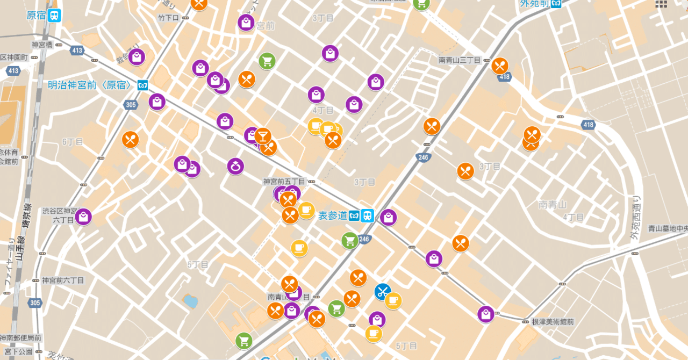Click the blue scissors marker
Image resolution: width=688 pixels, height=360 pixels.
pyautogui.click(x=383, y=292)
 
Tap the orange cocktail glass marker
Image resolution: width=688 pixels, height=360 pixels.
pyautogui.click(x=263, y=136)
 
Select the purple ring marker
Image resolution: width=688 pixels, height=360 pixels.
pyautogui.click(x=235, y=167)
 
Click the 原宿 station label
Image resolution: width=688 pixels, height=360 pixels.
pyautogui.click(x=37, y=15)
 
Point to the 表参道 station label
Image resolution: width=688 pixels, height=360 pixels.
pyautogui.click(x=333, y=215)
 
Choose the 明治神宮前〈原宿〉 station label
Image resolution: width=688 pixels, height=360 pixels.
pyautogui.click(x=90, y=85)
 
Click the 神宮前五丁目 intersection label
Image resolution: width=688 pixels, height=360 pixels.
pyautogui.click(x=284, y=182)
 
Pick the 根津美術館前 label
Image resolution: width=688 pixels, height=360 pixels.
pyautogui.click(x=553, y=321)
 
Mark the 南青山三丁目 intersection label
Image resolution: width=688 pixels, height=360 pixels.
pyautogui.click(x=460, y=60)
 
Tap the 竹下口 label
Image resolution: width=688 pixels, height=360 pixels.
pyautogui.click(x=168, y=18)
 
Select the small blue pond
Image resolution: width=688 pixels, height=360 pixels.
pyautogui.click(x=190, y=300)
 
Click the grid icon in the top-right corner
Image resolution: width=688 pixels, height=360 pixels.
pyautogui.click(x=661, y=4)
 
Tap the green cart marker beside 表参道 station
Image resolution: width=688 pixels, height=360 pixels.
pyautogui.click(x=350, y=241)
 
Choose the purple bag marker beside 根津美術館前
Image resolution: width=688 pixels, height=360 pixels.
pyautogui.click(x=486, y=314)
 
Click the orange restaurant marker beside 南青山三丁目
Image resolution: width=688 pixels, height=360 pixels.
pyautogui.click(x=500, y=66)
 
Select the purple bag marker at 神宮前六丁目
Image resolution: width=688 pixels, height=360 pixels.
pyautogui.click(x=83, y=217)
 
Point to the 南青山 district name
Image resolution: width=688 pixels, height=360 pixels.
pyautogui.click(x=553, y=204)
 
